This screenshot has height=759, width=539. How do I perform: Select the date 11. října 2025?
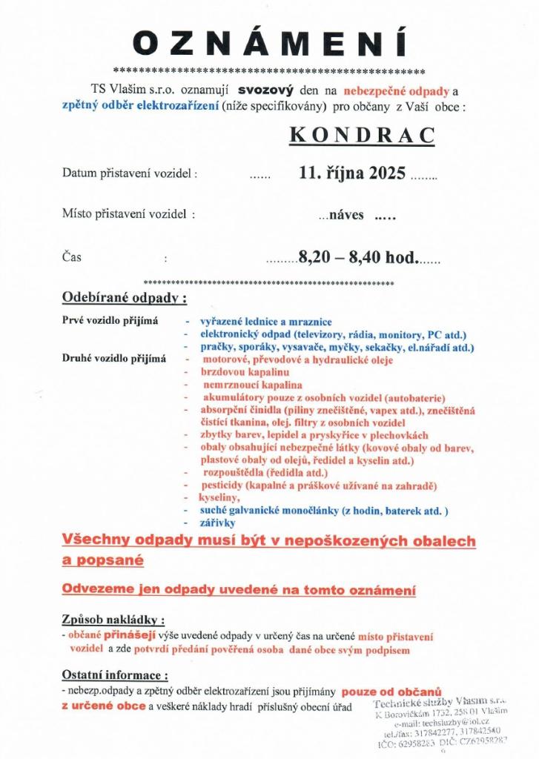[352, 173]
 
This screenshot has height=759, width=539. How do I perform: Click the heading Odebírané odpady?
[125, 299]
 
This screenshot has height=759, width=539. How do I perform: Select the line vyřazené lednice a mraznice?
[265, 322]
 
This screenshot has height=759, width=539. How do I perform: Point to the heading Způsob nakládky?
[113, 619]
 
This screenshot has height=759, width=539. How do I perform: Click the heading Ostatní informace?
[115, 675]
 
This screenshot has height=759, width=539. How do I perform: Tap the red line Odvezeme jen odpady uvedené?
[238, 590]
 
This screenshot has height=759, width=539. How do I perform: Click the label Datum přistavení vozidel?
[130, 174]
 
